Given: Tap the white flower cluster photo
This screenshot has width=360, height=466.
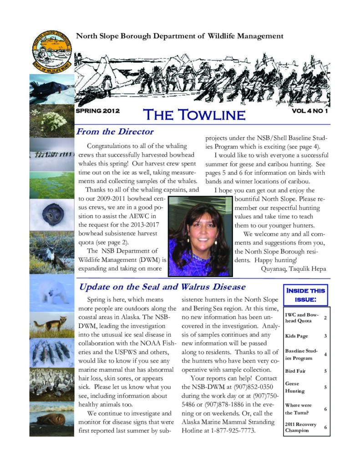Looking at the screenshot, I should coord(51,121).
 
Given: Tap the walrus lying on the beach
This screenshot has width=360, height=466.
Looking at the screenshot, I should coord(51,420).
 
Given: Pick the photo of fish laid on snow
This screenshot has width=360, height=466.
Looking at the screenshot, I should coord(51,352).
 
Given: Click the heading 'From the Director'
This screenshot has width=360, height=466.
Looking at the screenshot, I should coord(115,132).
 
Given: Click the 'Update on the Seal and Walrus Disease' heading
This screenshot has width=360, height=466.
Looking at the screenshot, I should coord(162,287).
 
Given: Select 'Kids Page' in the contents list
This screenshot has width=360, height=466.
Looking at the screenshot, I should coord(296,336).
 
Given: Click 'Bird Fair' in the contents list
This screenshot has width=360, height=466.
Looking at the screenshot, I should coord(295,371).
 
